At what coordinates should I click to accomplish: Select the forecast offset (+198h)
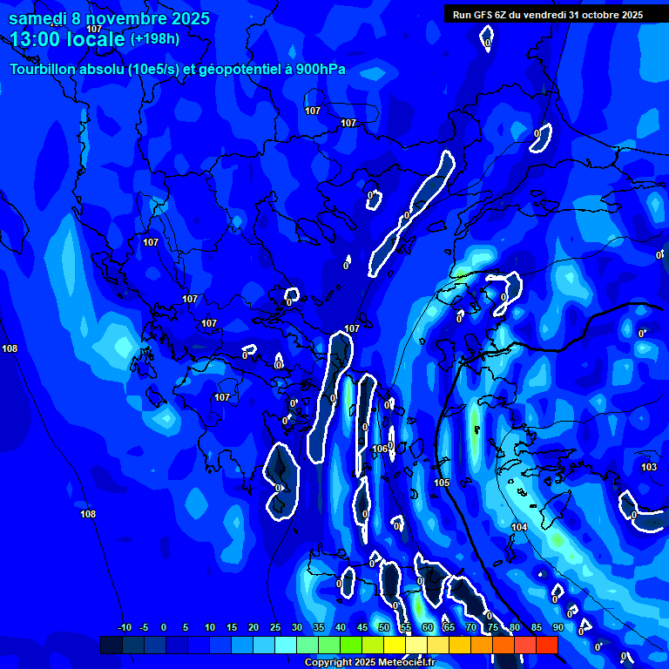pyautogui.click(x=154, y=38)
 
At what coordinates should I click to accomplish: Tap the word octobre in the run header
pyautogui.click(x=597, y=14)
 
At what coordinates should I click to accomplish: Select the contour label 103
pyautogui.click(x=649, y=468)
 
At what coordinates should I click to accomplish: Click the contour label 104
pyautogui.click(x=519, y=527)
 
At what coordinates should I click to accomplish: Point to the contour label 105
pyautogui.click(x=442, y=483)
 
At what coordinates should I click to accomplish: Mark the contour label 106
pyautogui.click(x=380, y=449)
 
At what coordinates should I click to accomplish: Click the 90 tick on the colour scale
pyautogui.click(x=557, y=627)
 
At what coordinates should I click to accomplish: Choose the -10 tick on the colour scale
pyautogui.click(x=125, y=627)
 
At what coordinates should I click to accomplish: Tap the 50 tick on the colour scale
pyautogui.click(x=384, y=627)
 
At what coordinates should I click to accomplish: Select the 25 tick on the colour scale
pyautogui.click(x=275, y=627)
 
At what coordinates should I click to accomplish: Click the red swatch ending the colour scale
pyautogui.click(x=546, y=645)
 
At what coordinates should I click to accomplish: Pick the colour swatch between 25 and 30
pyautogui.click(x=286, y=645)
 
